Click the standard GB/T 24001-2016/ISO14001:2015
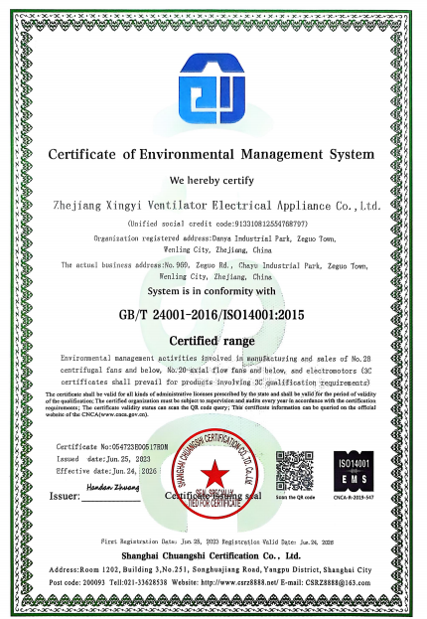click(213, 311)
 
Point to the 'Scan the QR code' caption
click(299, 497)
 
